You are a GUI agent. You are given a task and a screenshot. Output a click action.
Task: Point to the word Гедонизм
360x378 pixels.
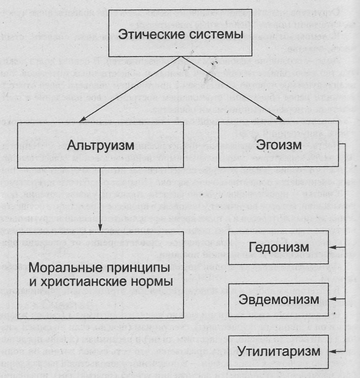(286, 248)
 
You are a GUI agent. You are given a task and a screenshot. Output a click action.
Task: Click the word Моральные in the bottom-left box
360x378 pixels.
(69, 270)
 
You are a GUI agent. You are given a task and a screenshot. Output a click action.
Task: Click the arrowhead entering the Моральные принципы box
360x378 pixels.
(101, 226)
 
